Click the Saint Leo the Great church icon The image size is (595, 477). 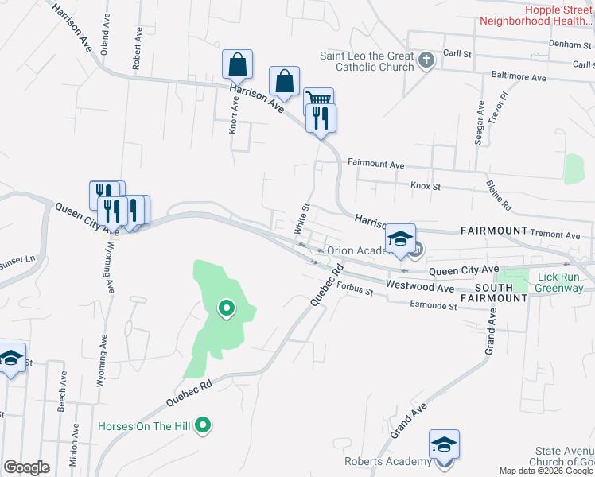[x=426, y=60]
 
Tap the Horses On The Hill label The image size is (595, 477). [x=144, y=427]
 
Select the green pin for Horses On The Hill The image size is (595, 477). [x=203, y=426]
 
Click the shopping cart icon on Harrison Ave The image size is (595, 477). [x=318, y=99]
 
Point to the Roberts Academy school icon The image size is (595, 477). [x=444, y=442]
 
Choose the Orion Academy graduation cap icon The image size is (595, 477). [x=400, y=238]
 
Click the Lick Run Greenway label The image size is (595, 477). [x=560, y=282]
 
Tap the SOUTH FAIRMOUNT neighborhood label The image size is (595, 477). [x=501, y=292]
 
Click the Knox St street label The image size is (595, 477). [x=426, y=185]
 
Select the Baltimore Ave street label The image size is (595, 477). [x=519, y=78]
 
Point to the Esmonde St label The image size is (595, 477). [x=434, y=304]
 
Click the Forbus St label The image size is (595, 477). [x=354, y=288]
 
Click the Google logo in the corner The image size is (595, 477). [x=26, y=467]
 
